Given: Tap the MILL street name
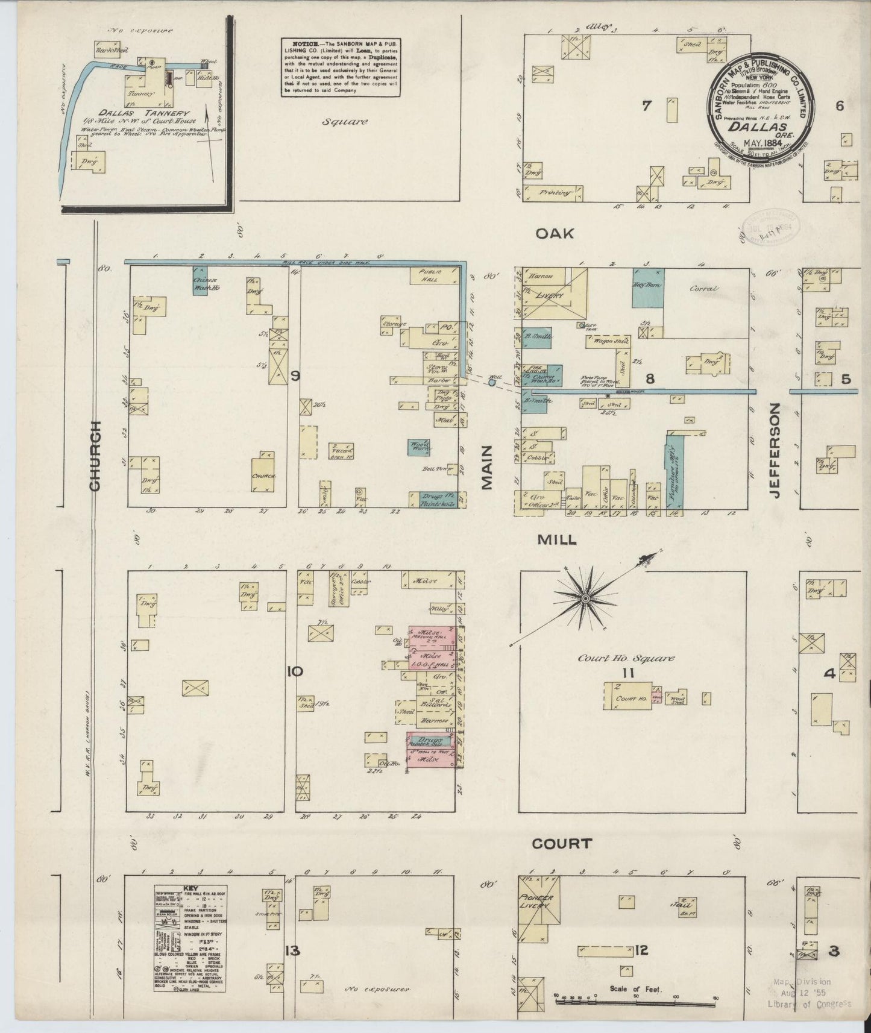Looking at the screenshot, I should click(x=556, y=540).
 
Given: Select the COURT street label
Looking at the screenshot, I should click(x=562, y=843).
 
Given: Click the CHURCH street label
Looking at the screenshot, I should click(x=96, y=456).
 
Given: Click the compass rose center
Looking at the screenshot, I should click(x=585, y=598).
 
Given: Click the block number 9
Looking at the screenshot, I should click(x=295, y=377).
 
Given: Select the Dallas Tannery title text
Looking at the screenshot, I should click(x=154, y=113).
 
